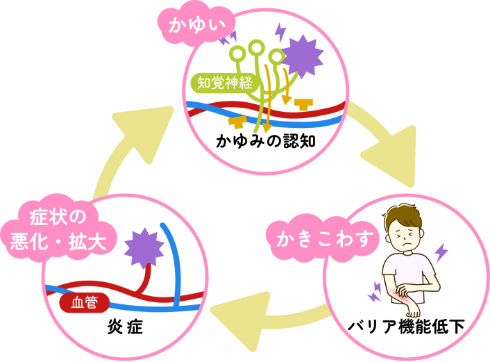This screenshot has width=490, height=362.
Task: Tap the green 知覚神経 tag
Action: coord(225,83)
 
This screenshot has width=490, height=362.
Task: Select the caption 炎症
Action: coord(125,325)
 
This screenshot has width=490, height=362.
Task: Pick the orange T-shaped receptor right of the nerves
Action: coord(303,104)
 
